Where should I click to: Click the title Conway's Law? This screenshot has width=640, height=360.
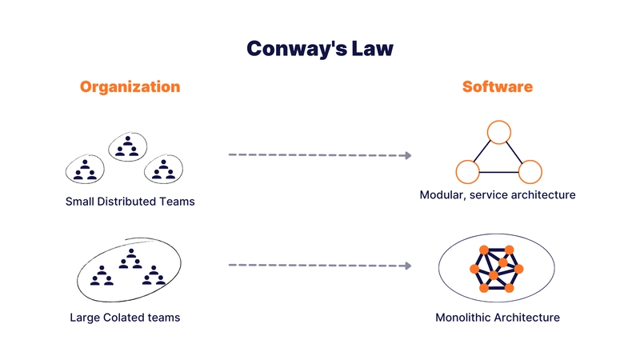[320, 49]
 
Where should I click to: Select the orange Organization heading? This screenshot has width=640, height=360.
[130, 87]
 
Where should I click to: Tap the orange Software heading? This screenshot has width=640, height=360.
[497, 86]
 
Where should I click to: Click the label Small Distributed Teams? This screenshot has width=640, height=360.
[130, 202]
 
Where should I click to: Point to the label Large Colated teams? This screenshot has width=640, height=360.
[125, 317]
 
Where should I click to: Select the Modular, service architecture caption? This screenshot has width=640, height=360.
[498, 194]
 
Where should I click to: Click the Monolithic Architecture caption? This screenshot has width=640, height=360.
[498, 317]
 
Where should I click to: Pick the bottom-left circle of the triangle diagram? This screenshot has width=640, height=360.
[467, 161]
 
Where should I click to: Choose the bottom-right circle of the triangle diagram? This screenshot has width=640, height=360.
[530, 161]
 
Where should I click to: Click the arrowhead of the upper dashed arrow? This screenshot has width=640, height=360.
[408, 155]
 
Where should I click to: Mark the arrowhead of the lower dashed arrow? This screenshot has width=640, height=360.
[408, 266]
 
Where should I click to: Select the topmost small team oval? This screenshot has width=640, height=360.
[128, 133]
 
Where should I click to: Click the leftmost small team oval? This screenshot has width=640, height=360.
[85, 155]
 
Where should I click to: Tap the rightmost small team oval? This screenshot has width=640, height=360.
[163, 155]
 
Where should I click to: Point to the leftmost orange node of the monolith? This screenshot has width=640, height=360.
[474, 269]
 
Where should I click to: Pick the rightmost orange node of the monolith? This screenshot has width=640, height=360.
[518, 269]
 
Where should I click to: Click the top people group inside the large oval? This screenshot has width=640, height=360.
[130, 258]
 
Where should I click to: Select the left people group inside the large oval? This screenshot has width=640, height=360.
[102, 275]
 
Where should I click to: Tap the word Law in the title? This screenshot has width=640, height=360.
[372, 48]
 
